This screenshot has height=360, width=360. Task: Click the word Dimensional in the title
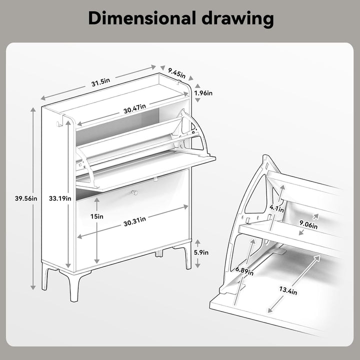141,18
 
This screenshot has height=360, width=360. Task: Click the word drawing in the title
238,19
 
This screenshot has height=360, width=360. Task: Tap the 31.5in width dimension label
100,82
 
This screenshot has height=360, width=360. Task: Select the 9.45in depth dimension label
176,72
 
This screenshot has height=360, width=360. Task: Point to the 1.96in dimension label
203,93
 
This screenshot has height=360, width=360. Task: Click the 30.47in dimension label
134,108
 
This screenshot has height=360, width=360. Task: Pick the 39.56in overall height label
26,198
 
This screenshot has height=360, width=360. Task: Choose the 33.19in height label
60,198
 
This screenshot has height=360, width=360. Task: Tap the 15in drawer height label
96,216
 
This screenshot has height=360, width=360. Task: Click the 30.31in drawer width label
134,221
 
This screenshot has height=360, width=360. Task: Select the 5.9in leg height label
201,252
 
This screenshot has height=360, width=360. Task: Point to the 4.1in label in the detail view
276,208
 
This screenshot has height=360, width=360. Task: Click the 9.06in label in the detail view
308,224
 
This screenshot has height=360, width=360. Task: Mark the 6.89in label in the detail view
244,271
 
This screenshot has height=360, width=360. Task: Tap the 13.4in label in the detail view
288,290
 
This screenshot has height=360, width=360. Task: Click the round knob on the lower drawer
134,192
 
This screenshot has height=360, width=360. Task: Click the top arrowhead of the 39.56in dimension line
33,109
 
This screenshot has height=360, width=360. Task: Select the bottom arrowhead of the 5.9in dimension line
197,265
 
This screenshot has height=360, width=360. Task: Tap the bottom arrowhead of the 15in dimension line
96,261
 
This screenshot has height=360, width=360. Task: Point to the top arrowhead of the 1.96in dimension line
197,86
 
